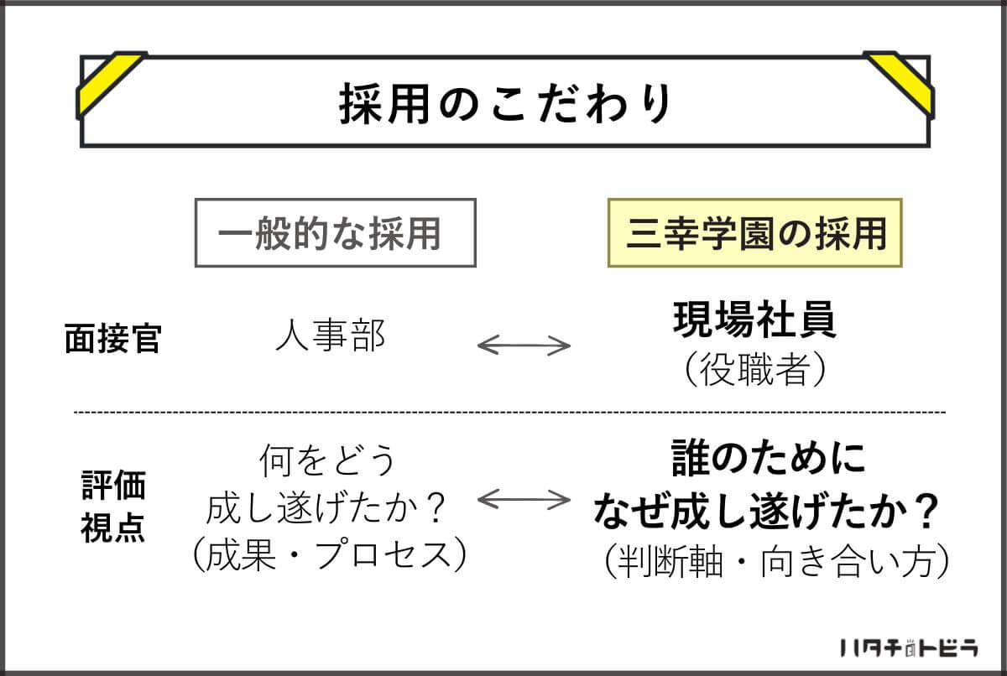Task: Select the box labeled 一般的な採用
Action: [x=335, y=232]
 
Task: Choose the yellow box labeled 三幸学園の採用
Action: [x=754, y=232]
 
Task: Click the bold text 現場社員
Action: [x=754, y=322]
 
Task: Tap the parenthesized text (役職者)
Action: [x=754, y=371]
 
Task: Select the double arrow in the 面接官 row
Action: [x=524, y=345]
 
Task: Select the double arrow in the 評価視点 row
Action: [x=524, y=500]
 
